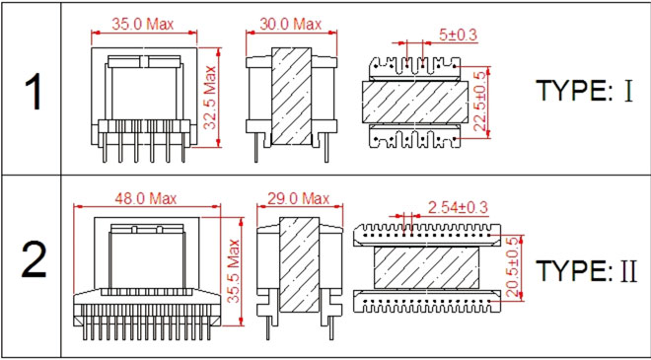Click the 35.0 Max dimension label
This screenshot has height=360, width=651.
pos(142,24)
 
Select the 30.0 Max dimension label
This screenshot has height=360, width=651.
pos(291,24)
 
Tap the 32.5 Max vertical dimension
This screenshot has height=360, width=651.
pos(211,98)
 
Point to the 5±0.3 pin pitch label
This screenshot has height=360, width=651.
pos(458,35)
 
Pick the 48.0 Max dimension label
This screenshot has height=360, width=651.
pos(146,198)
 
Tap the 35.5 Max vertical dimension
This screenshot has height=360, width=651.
pos(234,270)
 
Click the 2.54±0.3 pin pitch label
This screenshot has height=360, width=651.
pos(458,206)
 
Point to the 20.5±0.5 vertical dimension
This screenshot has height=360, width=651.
pos(513,267)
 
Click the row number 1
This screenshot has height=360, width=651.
pos(35,92)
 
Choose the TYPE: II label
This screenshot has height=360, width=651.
pos(586,271)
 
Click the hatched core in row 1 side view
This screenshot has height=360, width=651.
pos(291,96)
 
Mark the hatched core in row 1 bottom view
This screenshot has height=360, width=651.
pos(415,102)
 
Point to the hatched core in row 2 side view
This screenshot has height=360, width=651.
pos(299,264)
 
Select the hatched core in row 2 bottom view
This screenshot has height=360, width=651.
pos(426,268)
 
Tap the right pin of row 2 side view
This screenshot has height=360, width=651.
pos(330,325)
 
